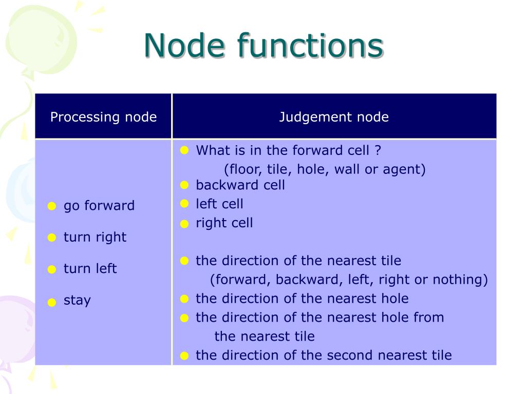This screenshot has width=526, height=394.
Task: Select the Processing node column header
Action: pos(103,117)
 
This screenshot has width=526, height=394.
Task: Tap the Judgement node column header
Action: pos(334,117)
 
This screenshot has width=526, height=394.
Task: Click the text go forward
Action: pos(99,206)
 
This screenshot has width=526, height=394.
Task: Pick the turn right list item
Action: pos(95,237)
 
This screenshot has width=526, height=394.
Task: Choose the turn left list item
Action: pos(90,268)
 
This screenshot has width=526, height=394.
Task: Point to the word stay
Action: pos(77,300)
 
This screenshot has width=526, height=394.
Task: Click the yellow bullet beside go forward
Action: pos(51,207)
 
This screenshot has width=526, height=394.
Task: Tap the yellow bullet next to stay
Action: pos(51,302)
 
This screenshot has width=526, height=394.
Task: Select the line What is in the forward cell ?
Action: pos(289,150)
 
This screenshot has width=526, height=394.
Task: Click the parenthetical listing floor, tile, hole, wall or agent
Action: pos(325,169)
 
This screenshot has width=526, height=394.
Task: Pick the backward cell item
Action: pos(240,185)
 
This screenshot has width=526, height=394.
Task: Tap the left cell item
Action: pos(220,204)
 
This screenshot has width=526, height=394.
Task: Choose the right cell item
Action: pos(224,223)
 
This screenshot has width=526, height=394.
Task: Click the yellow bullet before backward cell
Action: pos(185,185)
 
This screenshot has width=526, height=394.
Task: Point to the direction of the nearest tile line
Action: pos(298,261)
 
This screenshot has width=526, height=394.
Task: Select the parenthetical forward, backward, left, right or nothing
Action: pos(349,280)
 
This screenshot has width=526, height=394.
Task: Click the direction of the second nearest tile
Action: pos(324,355)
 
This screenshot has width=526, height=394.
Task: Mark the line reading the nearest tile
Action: pos(265,337)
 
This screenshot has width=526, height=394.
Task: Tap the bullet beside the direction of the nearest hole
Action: pos(185,299)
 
